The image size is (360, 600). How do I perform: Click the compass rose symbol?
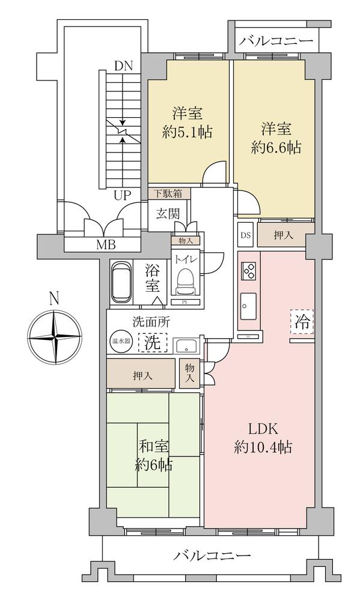[x=55, y=337]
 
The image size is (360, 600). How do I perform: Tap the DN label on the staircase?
[x=123, y=66]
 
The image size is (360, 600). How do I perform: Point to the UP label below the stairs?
[x=123, y=196]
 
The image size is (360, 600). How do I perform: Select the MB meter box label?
[x=106, y=245]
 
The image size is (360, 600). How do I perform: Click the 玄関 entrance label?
[x=167, y=214]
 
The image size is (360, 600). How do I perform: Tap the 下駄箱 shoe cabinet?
[x=169, y=193]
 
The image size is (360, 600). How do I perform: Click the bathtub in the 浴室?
[x=121, y=282]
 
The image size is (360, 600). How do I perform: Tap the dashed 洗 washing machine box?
[x=153, y=342]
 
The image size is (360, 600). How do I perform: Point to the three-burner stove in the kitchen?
[x=249, y=271]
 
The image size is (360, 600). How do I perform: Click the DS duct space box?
[x=245, y=235]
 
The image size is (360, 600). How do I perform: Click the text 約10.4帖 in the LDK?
[x=263, y=447]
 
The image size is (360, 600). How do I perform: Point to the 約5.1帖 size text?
[x=187, y=132]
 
